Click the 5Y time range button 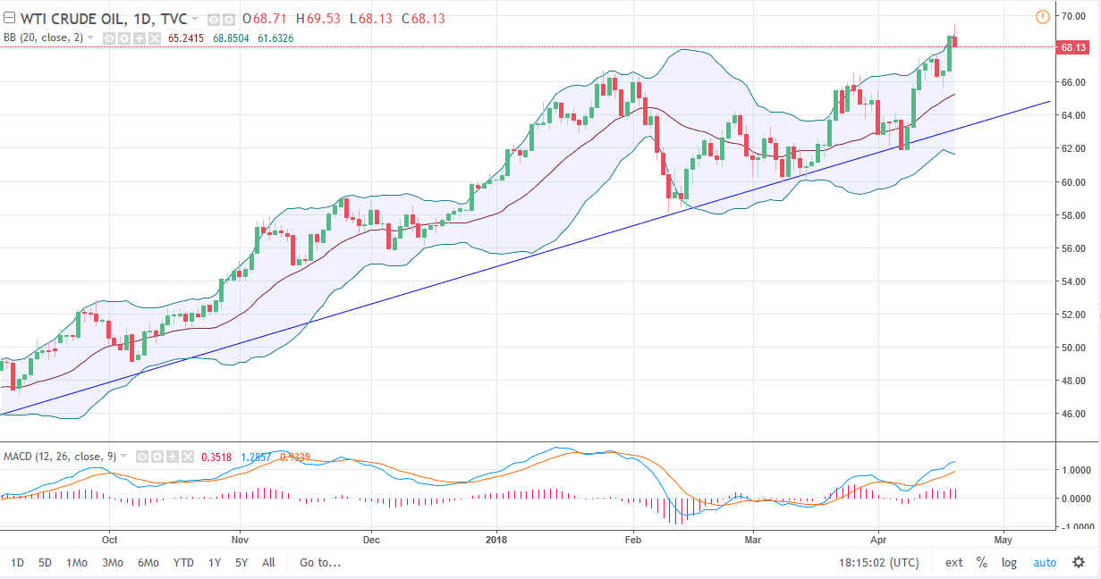pyautogui.click(x=241, y=563)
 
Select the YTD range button pyautogui.click(x=183, y=563)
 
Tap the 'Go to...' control pyautogui.click(x=320, y=563)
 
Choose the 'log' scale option pyautogui.click(x=1009, y=563)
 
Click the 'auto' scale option pyautogui.click(x=1044, y=563)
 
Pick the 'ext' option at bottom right pyautogui.click(x=954, y=563)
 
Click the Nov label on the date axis pyautogui.click(x=240, y=540)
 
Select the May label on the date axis pyautogui.click(x=1003, y=540)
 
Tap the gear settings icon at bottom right pyautogui.click(x=1079, y=562)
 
